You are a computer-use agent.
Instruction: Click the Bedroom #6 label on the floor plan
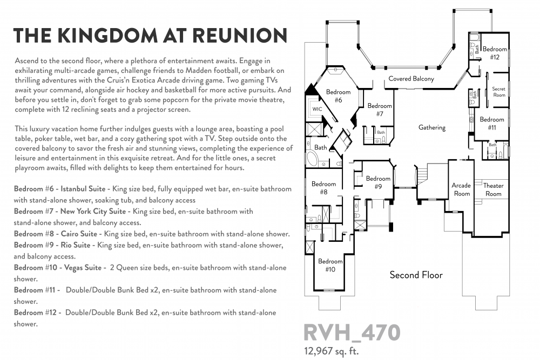pos(338,96)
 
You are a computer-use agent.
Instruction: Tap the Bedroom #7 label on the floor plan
pos(380,110)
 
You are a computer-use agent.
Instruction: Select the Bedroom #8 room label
pos(323,188)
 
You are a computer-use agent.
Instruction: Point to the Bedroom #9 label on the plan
pos(378,182)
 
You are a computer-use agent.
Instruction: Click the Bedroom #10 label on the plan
pos(330,266)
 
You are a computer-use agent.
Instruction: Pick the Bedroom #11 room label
pos(492,123)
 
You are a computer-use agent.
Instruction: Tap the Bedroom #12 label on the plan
pos(495,53)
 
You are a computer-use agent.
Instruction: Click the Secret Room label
pos(499,92)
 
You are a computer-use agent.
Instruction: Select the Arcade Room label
pos(461,189)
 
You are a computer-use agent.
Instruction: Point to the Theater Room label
pos(493,189)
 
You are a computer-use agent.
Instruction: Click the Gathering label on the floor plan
pos(432,128)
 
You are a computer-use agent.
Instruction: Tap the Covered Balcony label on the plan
pos(411,79)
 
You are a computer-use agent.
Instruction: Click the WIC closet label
pos(317,108)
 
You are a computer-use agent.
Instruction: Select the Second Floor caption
pos(416,275)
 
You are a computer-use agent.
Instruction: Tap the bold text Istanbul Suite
pos(84,189)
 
